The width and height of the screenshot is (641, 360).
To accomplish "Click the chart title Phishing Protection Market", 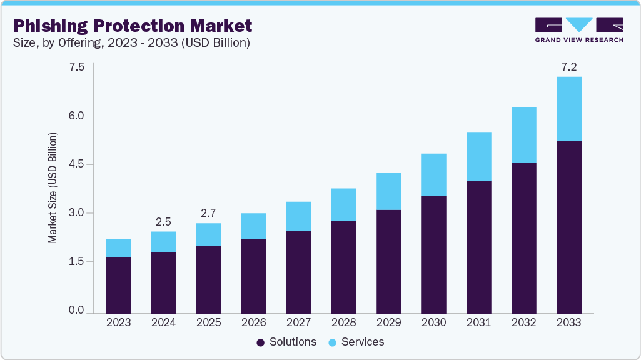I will (132, 26).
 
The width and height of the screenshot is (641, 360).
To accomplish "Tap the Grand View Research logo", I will (579, 29).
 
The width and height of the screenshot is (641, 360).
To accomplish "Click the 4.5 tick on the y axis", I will (76, 164).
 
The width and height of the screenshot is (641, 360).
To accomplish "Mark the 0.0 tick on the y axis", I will (76, 311).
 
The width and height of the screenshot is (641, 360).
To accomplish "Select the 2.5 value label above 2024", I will (163, 222).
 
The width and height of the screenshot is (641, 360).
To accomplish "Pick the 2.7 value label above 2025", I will (208, 213).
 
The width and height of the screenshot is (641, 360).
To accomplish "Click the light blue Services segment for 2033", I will (568, 109).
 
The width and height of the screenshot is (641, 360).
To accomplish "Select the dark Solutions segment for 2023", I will (118, 285).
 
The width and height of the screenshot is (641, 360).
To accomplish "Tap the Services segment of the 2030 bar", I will (433, 175).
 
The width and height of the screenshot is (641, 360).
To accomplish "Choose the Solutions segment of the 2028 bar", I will (343, 267).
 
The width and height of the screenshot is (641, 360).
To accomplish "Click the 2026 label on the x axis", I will (253, 323).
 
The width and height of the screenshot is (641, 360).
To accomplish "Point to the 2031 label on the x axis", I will (478, 323).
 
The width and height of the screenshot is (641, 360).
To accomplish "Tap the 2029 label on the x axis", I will (388, 323).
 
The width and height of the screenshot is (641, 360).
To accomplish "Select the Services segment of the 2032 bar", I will (523, 134).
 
